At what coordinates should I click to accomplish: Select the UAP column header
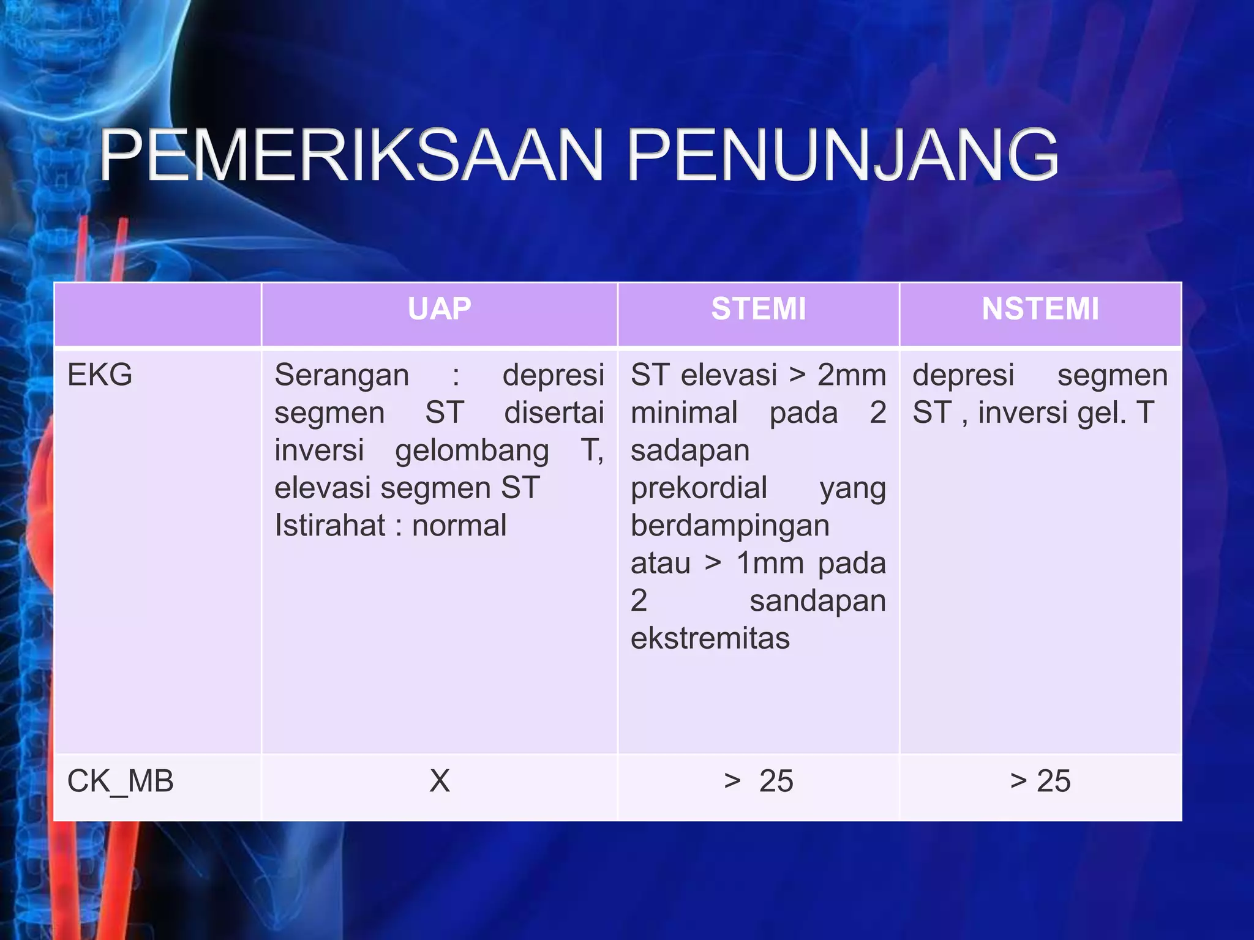439,308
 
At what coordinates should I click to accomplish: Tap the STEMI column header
758,308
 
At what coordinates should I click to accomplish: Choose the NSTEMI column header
1040,308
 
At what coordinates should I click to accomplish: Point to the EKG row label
100,375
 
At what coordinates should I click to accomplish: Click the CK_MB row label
120,781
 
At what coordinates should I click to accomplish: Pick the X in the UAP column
439,781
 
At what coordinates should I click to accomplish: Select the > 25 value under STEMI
758,781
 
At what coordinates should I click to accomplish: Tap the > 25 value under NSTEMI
1040,781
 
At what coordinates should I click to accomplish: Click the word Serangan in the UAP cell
342,375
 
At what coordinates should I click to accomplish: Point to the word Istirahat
329,525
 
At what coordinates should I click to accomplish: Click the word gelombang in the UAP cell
471,450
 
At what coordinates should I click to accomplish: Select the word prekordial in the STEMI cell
699,488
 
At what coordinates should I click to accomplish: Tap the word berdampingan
730,525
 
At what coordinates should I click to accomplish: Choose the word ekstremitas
710,638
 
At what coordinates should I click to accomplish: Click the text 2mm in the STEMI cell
852,375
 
